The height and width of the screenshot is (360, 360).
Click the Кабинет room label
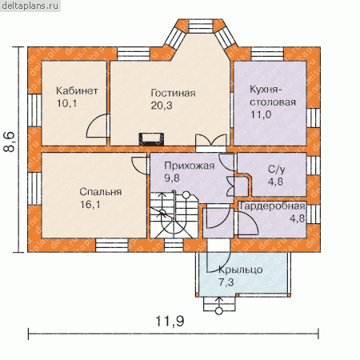pyautogui.click(x=77, y=91)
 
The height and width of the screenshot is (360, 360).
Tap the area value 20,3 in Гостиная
pyautogui.click(x=162, y=106)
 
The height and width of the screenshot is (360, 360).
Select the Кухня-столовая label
pyautogui.click(x=273, y=96)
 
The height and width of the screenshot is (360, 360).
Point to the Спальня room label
pyautogui.click(x=101, y=192)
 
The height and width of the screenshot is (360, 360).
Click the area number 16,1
pyautogui.click(x=90, y=205)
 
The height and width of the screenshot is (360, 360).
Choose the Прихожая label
pyautogui.click(x=190, y=166)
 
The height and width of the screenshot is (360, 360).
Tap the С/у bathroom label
pyautogui.click(x=277, y=169)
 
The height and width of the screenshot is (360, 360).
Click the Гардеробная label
pyautogui.click(x=272, y=206)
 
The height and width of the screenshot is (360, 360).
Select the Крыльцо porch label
pyautogui.click(x=241, y=270)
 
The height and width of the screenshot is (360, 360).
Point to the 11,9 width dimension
pyautogui.click(x=170, y=321)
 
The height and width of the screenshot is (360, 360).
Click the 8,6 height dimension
pyautogui.click(x=10, y=142)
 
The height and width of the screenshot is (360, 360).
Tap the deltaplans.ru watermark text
pyautogui.click(x=30, y=6)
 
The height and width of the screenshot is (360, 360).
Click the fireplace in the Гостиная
pyautogui.click(x=151, y=139)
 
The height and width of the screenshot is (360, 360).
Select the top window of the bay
pyautogui.click(x=201, y=26)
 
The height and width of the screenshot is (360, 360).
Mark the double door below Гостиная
pyautogui.click(x=211, y=141)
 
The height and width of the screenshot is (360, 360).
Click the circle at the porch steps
pyautogui.click(x=219, y=311)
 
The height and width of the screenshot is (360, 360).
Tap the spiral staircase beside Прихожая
pyautogui.click(x=174, y=215)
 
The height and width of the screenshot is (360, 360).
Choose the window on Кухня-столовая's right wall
pyautogui.click(x=313, y=118)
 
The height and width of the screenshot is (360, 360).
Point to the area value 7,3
pyautogui.click(x=226, y=282)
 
